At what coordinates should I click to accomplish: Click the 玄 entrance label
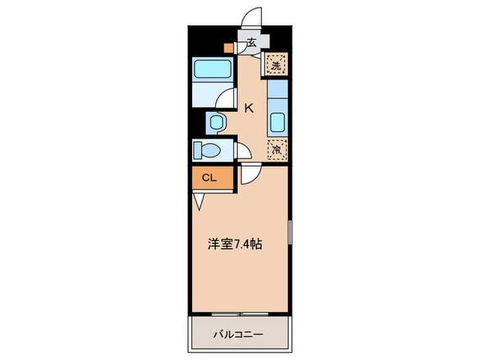pos(251,43)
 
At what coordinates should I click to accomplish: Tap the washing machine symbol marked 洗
pos(276,66)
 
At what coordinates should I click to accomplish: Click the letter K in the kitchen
pos(249,107)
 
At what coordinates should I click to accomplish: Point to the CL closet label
pos(208,178)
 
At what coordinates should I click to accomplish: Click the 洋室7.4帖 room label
pos(235,243)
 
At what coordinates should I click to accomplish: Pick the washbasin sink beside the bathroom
pos(217,123)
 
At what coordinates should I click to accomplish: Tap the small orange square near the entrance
pos(228,49)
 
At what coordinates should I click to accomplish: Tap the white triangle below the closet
pos(199,201)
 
